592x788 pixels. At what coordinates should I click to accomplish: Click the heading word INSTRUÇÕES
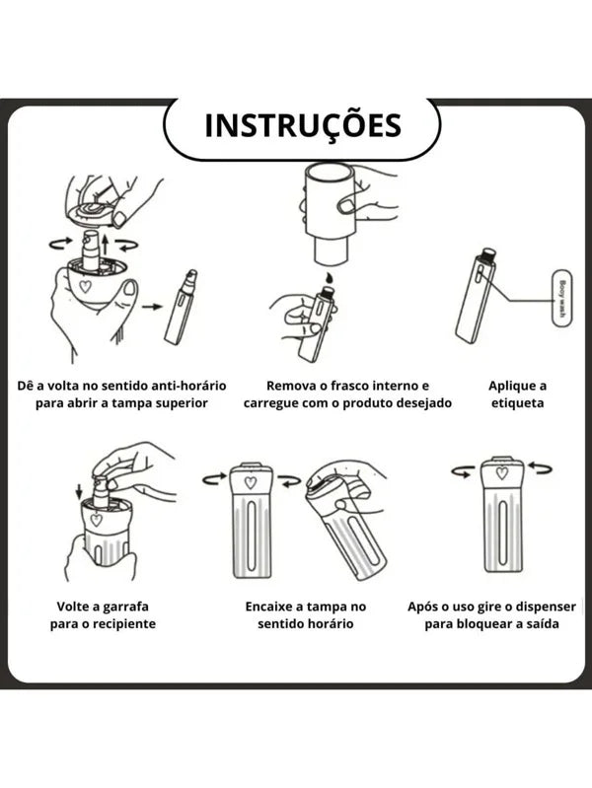(303, 126)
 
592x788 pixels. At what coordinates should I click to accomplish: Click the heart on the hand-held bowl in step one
(85, 288)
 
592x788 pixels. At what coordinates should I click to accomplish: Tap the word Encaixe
(274, 606)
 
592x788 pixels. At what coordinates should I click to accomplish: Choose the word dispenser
(541, 606)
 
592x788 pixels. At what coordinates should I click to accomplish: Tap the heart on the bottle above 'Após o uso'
(502, 473)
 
